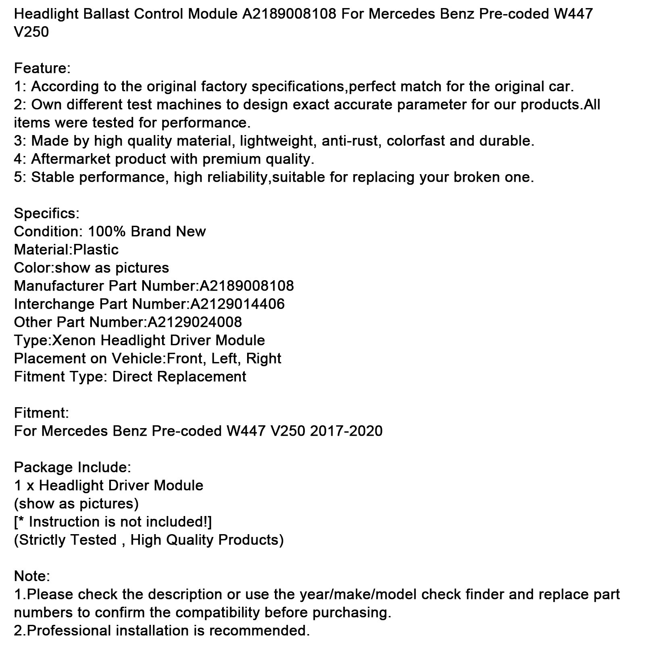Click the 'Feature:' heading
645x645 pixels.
pos(42,68)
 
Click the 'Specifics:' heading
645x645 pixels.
pos(47,213)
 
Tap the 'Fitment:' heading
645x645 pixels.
pos(42,413)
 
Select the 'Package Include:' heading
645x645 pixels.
pos(73,467)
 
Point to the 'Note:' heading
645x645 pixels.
pos(32,576)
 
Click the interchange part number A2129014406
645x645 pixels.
pos(238,304)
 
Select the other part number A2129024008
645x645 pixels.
pos(195,322)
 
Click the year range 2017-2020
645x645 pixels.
pos(346,431)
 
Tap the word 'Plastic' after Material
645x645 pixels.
pos(96,250)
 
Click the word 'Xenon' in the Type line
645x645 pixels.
pos(74,340)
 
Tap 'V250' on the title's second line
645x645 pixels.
pos(31,32)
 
